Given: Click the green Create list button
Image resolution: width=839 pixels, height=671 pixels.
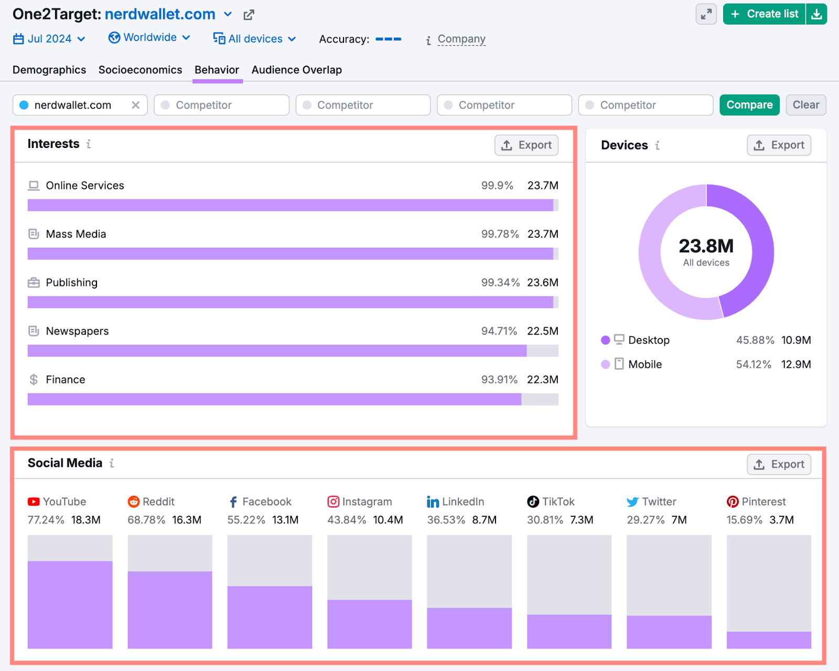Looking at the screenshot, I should pos(765,14).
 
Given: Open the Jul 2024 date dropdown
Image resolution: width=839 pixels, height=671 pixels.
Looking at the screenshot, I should pos(49,39).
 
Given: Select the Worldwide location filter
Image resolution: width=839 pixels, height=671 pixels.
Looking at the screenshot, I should pos(149,38).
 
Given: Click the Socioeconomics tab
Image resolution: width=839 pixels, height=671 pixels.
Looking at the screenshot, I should pos(140,70).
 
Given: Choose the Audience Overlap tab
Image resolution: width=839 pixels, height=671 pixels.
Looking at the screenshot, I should pos(296,70).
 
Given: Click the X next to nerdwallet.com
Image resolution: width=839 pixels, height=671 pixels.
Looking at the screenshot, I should pos(135,105).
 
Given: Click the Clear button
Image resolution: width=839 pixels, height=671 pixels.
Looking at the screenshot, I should pos(805,105).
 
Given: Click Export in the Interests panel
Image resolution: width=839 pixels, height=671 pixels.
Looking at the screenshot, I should pos(526,145).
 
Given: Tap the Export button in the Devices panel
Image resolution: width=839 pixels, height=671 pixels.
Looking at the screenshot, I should pos(779,145).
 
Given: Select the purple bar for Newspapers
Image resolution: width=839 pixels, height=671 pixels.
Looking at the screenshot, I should pos(277,351).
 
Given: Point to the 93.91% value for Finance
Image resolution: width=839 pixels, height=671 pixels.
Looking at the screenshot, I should pos(499,380).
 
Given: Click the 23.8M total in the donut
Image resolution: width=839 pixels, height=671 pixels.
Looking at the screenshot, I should pos(706,246).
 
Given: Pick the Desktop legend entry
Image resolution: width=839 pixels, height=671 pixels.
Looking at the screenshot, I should pos(648,340).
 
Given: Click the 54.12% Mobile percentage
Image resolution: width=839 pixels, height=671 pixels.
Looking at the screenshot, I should pos(753,365).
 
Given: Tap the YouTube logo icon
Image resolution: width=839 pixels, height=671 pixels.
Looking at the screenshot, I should pos(34,502).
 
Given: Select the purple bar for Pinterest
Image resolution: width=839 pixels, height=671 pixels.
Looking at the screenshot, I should pos(768,640).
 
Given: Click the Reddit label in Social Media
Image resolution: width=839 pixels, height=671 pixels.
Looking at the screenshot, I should pos(158,502).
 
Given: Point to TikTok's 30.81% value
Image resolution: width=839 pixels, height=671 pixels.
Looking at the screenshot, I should pos(544,520).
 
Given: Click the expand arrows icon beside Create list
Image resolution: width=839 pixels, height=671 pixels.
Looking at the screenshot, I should pos(706,14).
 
